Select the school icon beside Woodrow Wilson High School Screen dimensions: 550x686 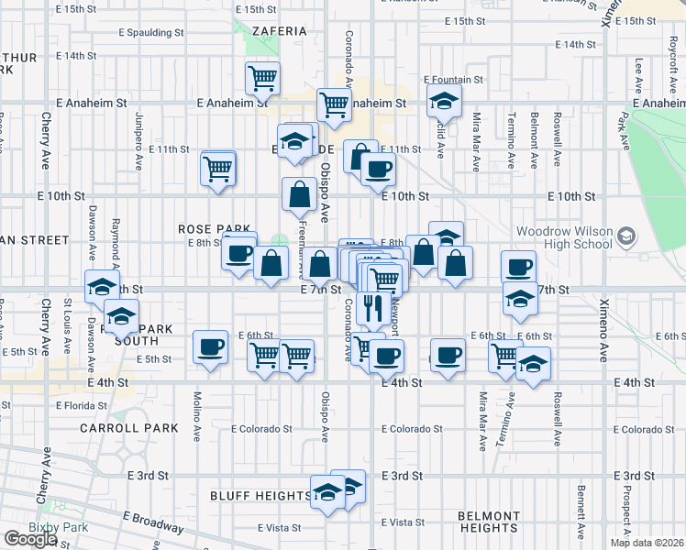pyautogui.click(x=625, y=237)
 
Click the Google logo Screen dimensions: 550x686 pyautogui.click(x=29, y=539)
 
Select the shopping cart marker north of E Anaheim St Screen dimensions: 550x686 pyautogui.click(x=263, y=78)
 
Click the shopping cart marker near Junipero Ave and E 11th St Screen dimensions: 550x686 pyautogui.click(x=218, y=168)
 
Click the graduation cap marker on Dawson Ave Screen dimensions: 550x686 pyautogui.click(x=102, y=287)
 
